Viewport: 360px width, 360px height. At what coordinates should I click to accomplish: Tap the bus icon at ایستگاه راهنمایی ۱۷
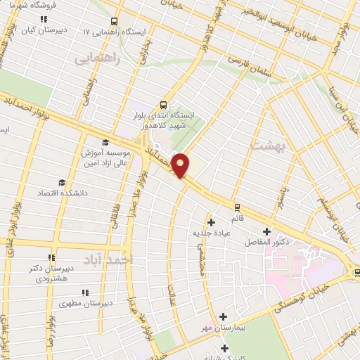click(116, 20)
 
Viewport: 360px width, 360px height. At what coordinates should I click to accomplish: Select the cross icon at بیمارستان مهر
click(224, 317)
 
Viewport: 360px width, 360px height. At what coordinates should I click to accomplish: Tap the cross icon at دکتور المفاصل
click(266, 231)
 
